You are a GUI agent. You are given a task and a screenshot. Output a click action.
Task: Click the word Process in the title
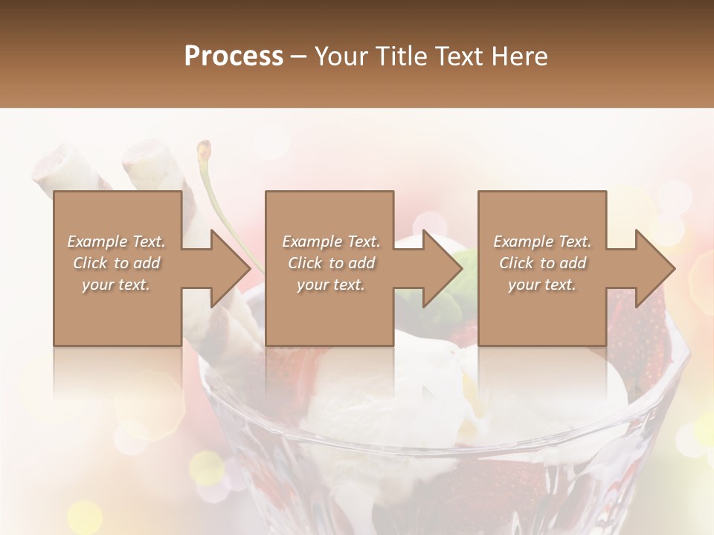(x=234, y=56)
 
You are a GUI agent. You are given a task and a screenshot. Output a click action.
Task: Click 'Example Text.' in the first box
(x=116, y=241)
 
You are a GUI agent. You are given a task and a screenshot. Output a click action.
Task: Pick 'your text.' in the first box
(x=116, y=285)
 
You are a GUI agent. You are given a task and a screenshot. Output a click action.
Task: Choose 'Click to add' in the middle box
(x=331, y=263)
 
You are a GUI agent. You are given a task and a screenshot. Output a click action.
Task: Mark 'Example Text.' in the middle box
(x=331, y=241)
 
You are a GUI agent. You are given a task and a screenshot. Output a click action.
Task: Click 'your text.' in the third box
(x=542, y=285)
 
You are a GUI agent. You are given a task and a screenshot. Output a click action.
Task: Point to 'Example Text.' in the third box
(x=542, y=241)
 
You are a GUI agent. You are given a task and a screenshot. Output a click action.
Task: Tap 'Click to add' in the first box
(x=116, y=263)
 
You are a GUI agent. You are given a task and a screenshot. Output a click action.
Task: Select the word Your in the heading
(x=340, y=56)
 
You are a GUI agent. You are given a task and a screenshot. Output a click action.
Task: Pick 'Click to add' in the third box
(x=542, y=263)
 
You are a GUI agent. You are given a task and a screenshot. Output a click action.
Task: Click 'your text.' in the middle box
(x=331, y=285)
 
